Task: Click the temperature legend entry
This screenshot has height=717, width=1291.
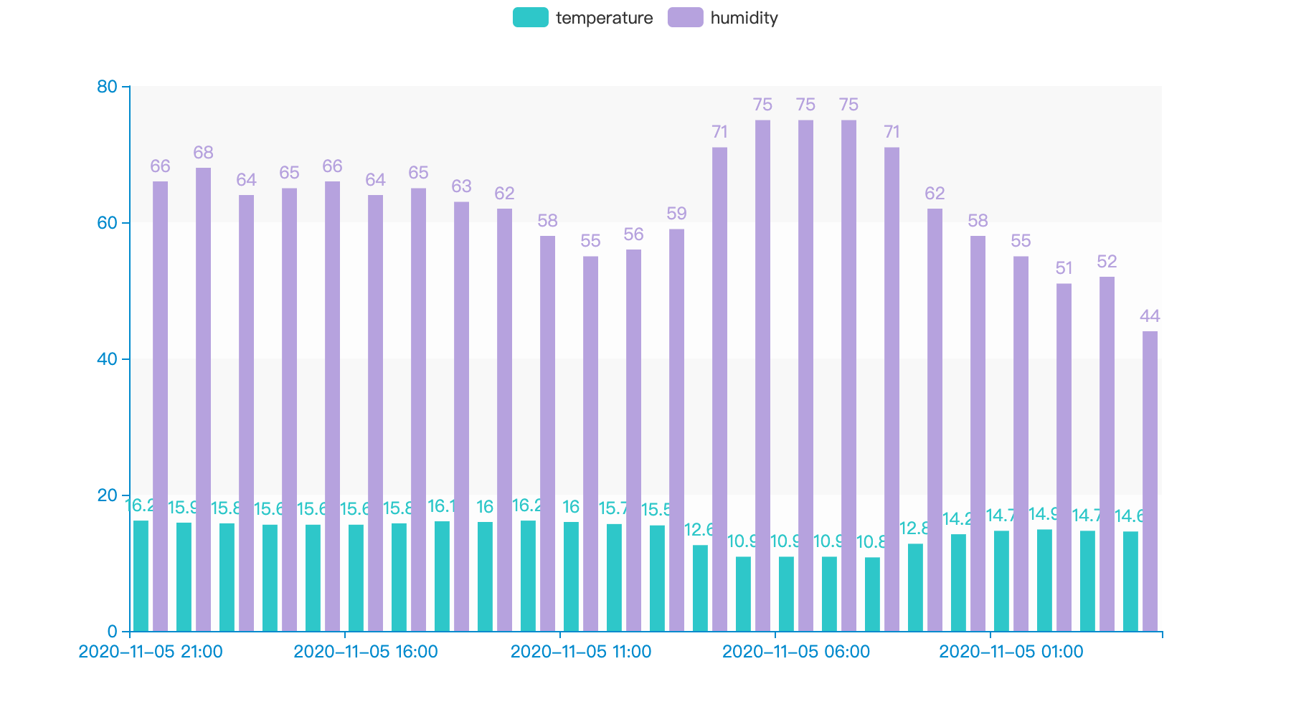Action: tap(582, 18)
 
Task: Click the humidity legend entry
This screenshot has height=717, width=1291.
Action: tap(722, 18)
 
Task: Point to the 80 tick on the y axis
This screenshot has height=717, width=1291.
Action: tap(107, 87)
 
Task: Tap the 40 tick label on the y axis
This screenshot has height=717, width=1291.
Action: tap(107, 359)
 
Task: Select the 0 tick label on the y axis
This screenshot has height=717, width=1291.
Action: tap(112, 632)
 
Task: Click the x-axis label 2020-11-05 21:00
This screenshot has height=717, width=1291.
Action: tap(151, 652)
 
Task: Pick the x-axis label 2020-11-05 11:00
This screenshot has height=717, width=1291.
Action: tap(581, 652)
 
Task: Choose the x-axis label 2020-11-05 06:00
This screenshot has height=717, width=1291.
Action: tap(796, 652)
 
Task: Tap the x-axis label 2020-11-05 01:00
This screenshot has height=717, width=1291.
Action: tap(1011, 652)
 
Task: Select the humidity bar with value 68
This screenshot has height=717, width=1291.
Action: tap(203, 399)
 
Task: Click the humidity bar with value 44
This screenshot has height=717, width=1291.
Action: tap(1150, 481)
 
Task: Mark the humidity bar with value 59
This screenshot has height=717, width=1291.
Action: tap(676, 430)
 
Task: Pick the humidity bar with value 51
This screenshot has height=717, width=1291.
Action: tap(1064, 457)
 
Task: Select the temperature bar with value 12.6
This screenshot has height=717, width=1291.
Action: tap(700, 588)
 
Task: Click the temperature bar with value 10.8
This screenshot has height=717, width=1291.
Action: tap(872, 594)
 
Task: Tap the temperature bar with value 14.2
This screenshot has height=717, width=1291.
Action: tap(958, 582)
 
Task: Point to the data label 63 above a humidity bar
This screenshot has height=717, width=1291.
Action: tap(461, 186)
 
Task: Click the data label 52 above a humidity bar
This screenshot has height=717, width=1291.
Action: tap(1107, 262)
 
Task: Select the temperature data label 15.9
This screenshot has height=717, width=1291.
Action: tap(183, 508)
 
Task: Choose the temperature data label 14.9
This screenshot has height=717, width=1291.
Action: tap(1044, 514)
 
